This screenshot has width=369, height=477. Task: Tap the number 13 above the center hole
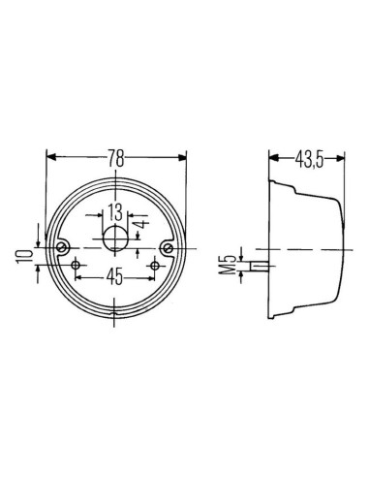tap(115, 211)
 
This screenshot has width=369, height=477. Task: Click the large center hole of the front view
tap(116, 239)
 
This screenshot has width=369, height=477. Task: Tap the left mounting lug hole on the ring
tap(64, 249)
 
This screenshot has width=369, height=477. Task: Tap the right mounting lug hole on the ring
tap(169, 249)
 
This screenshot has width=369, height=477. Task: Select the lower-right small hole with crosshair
tap(153, 266)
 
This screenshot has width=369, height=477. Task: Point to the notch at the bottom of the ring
tap(116, 313)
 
